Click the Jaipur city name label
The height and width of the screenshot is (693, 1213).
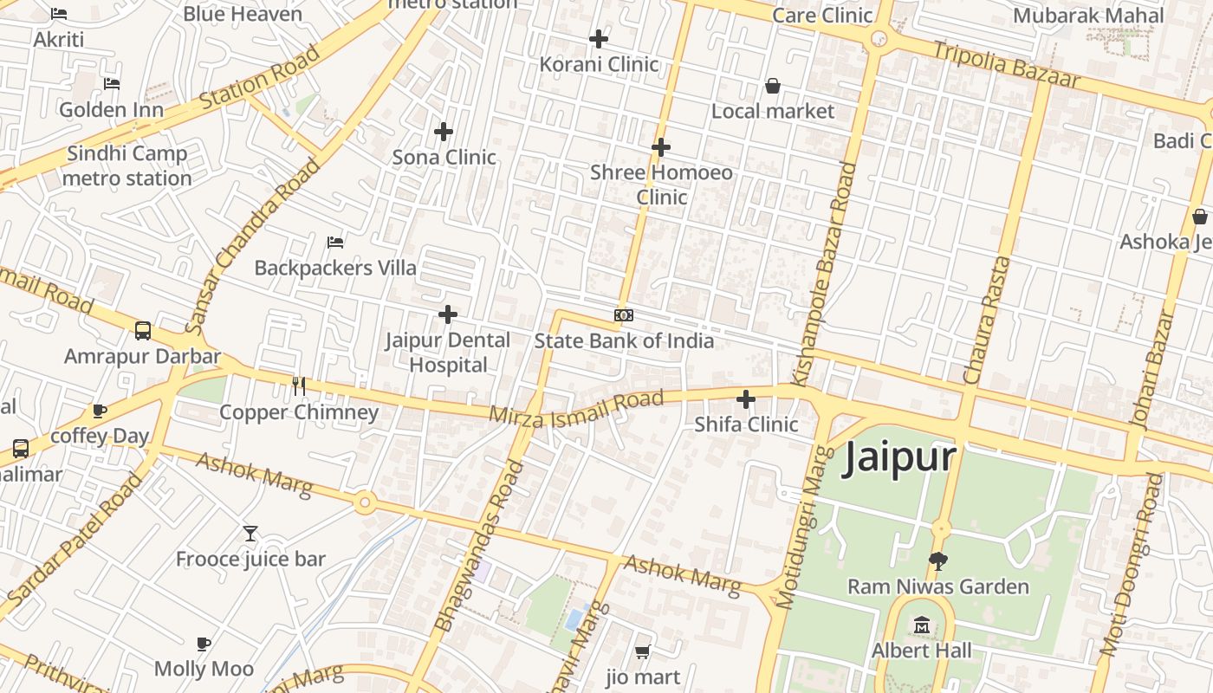(x=899, y=458)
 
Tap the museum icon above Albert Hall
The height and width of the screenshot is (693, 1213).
(x=921, y=625)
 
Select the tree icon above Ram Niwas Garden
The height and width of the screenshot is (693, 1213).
(x=937, y=560)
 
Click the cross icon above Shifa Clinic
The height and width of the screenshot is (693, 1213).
(x=746, y=399)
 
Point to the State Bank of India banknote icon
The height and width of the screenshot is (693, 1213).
(x=624, y=315)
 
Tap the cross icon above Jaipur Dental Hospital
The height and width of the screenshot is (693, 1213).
(x=448, y=314)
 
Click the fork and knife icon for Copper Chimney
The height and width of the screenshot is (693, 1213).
(x=299, y=386)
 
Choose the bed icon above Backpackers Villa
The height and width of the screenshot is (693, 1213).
(x=335, y=243)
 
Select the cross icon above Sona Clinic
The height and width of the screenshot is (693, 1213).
(x=444, y=132)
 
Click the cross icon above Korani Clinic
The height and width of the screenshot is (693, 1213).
(x=599, y=39)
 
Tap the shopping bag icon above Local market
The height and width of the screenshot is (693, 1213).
(x=772, y=86)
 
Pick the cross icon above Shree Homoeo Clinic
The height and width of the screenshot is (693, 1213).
(x=661, y=147)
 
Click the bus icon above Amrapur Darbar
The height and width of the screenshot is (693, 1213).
(x=143, y=331)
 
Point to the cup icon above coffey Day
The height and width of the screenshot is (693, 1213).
(x=100, y=411)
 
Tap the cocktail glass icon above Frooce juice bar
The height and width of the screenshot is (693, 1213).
(x=250, y=534)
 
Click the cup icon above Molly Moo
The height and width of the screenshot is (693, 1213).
(x=204, y=644)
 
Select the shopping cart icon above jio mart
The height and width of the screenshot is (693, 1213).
(x=642, y=651)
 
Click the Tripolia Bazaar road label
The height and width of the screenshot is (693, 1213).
(x=1006, y=64)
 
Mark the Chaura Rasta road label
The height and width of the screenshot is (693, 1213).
(x=988, y=321)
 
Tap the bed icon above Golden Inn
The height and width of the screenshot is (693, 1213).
(x=111, y=84)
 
